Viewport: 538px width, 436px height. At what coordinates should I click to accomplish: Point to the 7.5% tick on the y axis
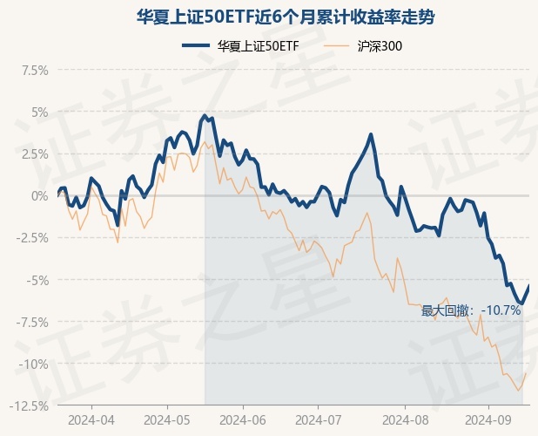click(32, 70)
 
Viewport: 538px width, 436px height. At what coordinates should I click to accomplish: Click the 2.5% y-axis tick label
click(32, 153)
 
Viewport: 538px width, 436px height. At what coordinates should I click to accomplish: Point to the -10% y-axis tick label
click(33, 364)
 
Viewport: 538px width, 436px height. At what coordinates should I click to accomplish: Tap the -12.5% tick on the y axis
click(28, 405)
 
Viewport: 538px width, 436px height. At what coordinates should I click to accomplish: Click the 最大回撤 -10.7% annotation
click(471, 310)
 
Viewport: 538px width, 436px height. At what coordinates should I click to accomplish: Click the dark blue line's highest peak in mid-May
click(205, 115)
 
